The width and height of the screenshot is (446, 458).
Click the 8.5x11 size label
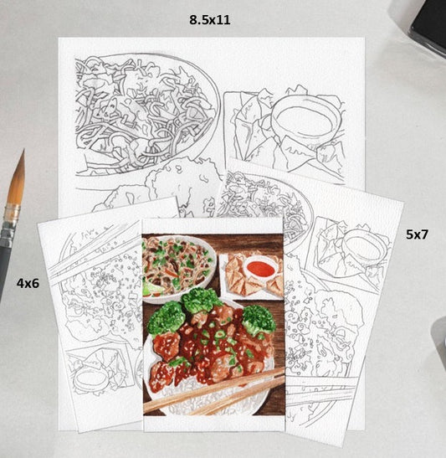(x=209, y=20)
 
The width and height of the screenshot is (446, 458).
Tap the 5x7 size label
(x=417, y=234)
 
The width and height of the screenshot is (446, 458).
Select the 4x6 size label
(x=28, y=283)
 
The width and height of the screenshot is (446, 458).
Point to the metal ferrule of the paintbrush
(x=11, y=220)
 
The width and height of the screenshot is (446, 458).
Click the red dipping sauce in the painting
(x=260, y=269)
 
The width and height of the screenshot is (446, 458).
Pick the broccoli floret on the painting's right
(x=259, y=320)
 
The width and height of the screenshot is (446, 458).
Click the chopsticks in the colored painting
(x=213, y=391)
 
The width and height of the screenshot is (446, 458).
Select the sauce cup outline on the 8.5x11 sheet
(x=306, y=118)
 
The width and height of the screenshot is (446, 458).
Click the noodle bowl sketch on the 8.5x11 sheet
(x=146, y=115)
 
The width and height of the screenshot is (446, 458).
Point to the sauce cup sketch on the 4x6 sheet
(x=89, y=380)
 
